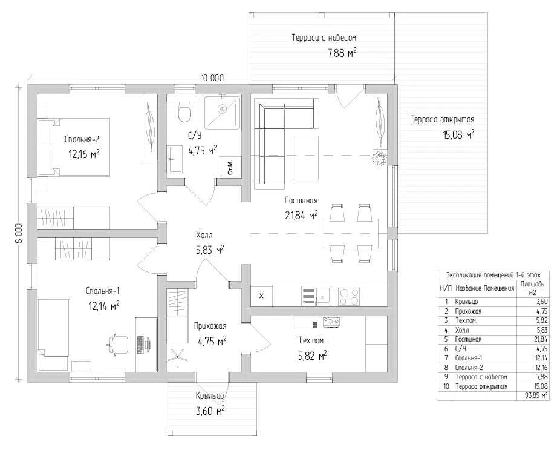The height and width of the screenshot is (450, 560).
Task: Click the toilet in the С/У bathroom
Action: pos(184,111)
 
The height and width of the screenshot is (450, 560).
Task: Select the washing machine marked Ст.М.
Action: pos(230,167)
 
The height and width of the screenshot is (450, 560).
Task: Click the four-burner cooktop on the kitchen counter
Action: pos(348,297)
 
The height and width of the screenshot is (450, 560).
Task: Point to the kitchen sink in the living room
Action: pos(316,297)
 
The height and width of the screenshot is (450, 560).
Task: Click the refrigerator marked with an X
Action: pos(261,296)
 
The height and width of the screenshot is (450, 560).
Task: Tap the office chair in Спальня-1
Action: pos(118,344)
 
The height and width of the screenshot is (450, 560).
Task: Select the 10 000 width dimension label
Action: pos(212,78)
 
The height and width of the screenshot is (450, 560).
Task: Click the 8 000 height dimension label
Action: pos(19,234)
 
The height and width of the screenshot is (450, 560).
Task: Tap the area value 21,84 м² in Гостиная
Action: pos(301,216)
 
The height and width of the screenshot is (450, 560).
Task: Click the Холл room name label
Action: pos(204,235)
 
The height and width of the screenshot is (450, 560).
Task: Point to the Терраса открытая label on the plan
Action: pos(442,119)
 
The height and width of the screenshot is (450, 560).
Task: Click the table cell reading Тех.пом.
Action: pos(466,320)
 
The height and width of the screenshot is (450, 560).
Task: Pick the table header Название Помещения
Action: pos(484,288)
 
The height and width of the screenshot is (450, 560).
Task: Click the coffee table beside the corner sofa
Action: pos(306,158)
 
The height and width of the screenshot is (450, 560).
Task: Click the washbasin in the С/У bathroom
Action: pos(175,159)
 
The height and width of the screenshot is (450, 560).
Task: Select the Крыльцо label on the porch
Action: pos(210,395)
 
